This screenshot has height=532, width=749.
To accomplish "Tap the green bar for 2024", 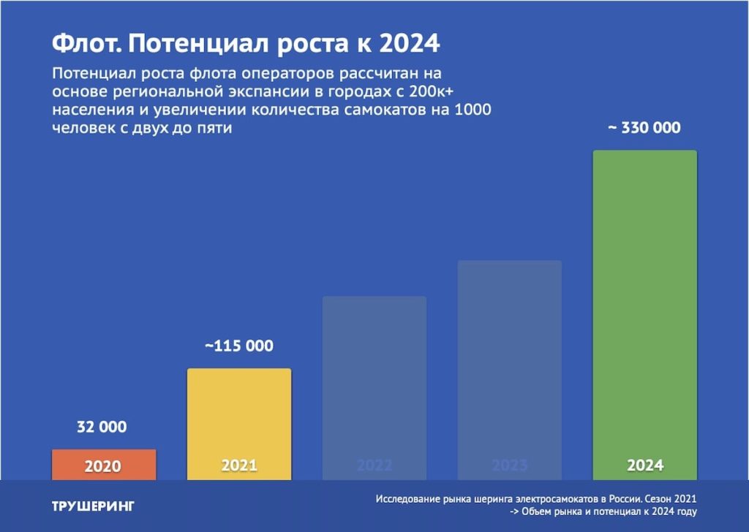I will [644, 307].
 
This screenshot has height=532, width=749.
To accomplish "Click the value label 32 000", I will [102, 427].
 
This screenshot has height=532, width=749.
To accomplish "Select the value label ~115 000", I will [238, 346].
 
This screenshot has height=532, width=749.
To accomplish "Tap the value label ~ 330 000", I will [644, 128].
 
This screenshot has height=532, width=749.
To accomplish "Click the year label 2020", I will [103, 466].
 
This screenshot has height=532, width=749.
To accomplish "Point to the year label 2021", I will [238, 465].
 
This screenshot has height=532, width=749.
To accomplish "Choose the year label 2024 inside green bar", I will [644, 465].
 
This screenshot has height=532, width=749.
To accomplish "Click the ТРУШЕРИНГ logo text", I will [93, 506].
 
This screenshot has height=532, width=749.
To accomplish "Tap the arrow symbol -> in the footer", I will [515, 512].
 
